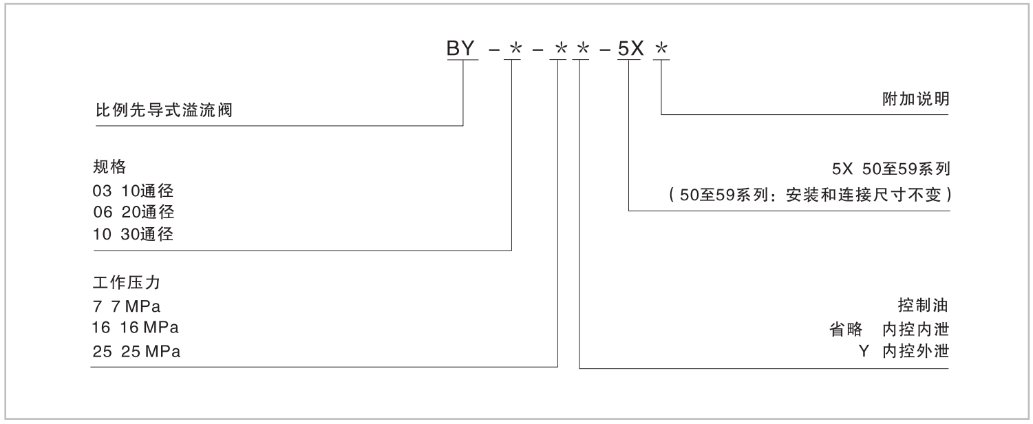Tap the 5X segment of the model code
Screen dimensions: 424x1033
[630, 50]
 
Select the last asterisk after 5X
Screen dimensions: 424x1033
[662, 50]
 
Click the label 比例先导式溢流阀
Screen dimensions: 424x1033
[164, 109]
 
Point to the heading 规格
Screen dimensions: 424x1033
[109, 168]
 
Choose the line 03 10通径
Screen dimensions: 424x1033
[134, 191]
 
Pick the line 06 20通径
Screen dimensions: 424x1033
[134, 212]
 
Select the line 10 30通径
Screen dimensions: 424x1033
[134, 234]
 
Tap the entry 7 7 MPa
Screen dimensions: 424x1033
[127, 306]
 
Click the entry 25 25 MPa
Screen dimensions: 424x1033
[136, 352]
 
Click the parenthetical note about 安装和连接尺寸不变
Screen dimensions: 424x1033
[809, 195]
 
